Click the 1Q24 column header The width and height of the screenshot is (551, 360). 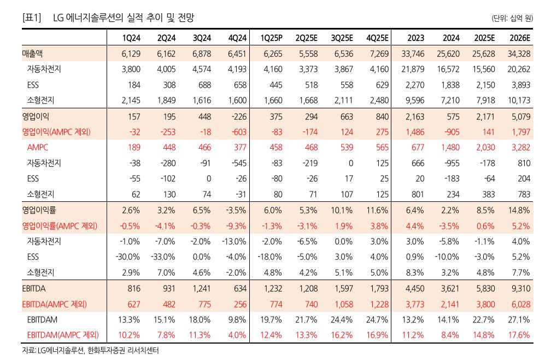pos(131,37)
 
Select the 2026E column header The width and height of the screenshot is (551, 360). pos(519,37)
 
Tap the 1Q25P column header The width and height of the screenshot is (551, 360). pos(271,37)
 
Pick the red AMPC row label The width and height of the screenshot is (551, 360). pos(38,148)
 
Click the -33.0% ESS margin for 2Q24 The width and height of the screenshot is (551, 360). pos(164,257)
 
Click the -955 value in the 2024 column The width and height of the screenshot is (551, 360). pos(450,163)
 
